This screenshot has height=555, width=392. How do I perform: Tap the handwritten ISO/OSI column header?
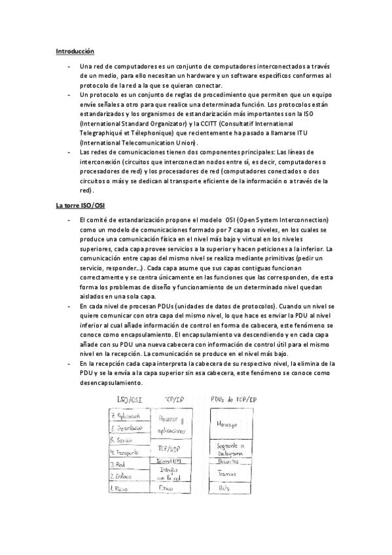[130, 399]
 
